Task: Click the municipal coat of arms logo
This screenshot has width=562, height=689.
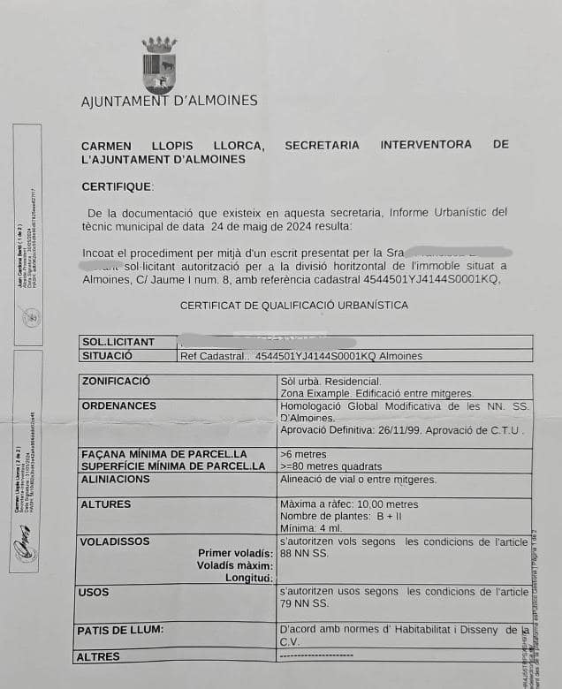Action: [x=159, y=64]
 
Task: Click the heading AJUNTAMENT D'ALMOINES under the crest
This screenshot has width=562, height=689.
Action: [x=170, y=101]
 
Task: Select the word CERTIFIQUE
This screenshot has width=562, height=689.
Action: [x=117, y=186]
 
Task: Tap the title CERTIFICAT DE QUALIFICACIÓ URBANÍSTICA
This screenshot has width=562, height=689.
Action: [x=294, y=305]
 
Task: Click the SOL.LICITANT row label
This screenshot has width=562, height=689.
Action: [x=118, y=342]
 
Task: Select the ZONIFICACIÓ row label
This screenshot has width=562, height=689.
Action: [x=116, y=381]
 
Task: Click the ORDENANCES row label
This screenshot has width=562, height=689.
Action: [x=118, y=405]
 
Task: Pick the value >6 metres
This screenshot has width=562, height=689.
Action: [x=302, y=454]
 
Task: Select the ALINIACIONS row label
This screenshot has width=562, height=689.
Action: [x=115, y=478]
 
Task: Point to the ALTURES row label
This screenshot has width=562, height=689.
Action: [x=105, y=504]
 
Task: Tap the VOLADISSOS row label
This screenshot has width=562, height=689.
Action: [x=115, y=541]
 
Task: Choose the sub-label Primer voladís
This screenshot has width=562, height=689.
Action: [x=233, y=553]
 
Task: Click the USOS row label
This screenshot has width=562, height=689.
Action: [x=94, y=592]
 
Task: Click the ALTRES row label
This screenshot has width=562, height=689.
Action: [x=98, y=657]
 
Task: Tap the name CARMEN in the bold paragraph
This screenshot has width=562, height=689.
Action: [x=108, y=145]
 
